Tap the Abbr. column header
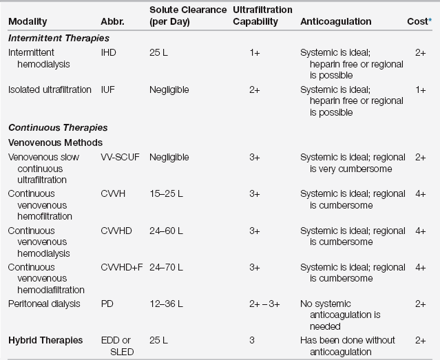tap(112, 21)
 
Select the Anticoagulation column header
tap(335, 21)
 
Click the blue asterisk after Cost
tap(429, 20)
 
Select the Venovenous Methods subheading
tap(55, 142)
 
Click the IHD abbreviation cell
tap(108, 52)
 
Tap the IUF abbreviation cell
tap(108, 89)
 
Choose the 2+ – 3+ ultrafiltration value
tap(254, 304)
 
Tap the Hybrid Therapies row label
tap(45, 340)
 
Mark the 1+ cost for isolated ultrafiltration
tap(420, 89)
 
